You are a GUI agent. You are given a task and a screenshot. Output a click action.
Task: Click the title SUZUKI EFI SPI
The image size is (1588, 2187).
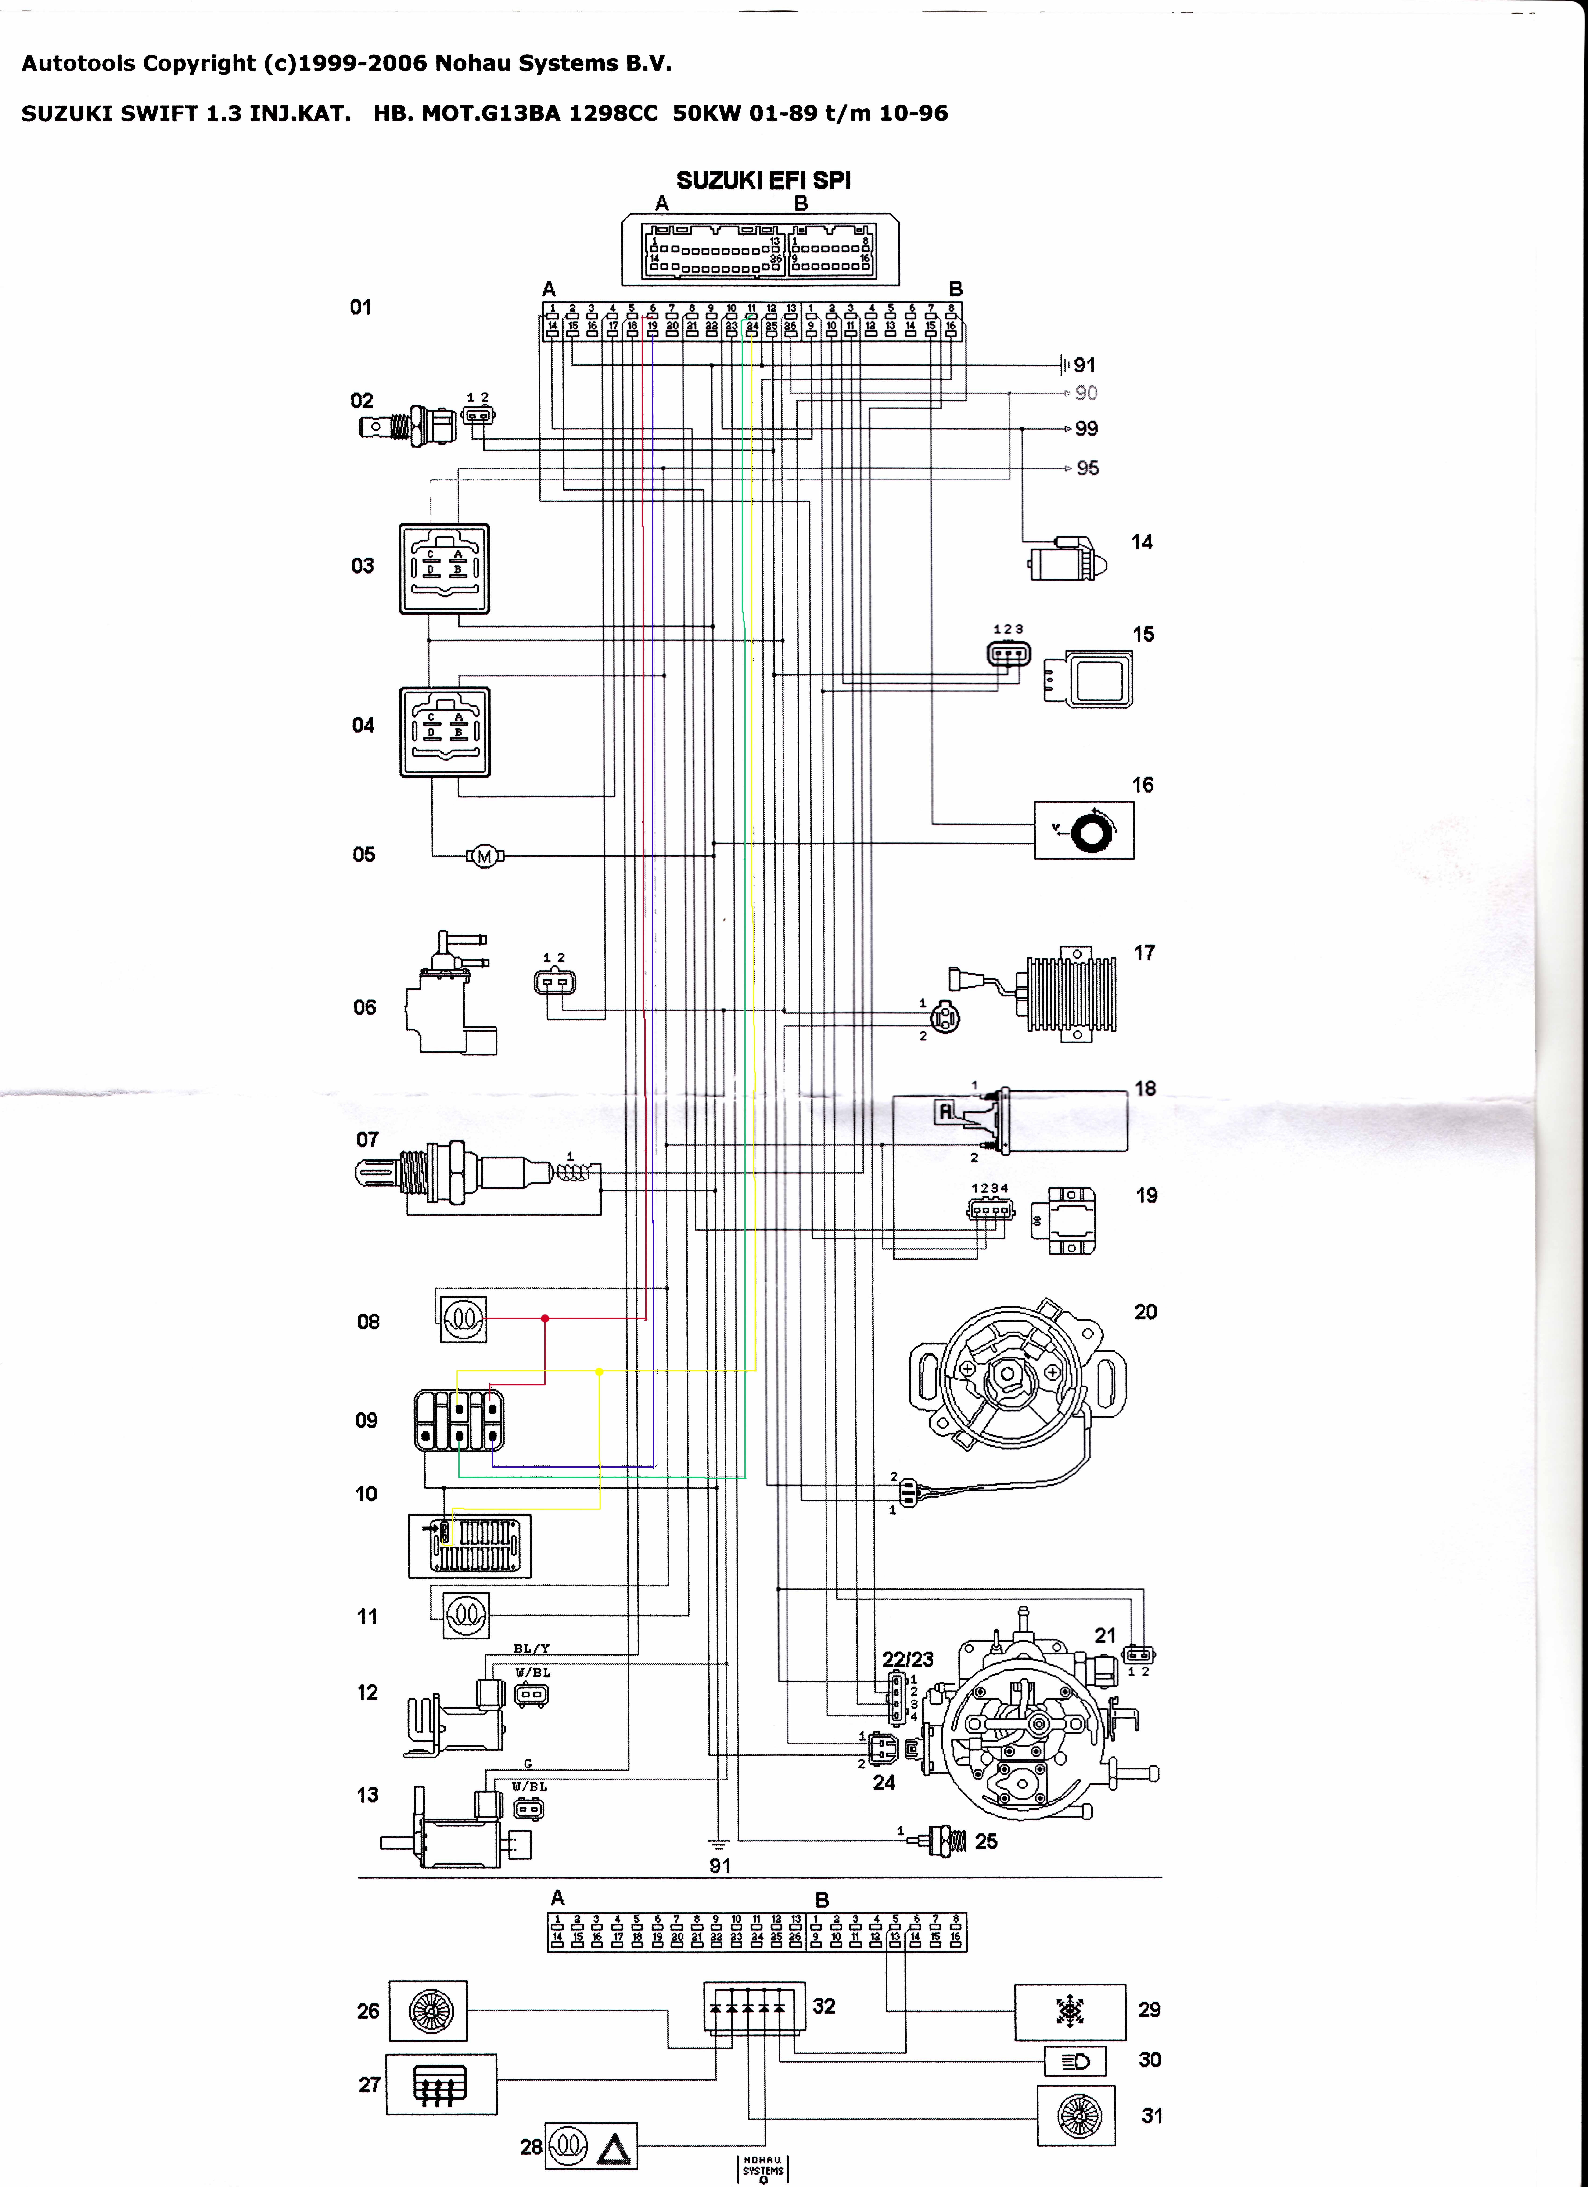pyautogui.click(x=763, y=180)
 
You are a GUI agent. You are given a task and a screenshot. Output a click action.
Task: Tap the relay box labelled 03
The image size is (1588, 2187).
pyautogui.click(x=445, y=569)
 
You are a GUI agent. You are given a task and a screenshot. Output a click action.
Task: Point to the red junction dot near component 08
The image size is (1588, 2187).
pyautogui.click(x=545, y=1318)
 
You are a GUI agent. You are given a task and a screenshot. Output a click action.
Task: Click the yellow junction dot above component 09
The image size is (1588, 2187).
pyautogui.click(x=600, y=1371)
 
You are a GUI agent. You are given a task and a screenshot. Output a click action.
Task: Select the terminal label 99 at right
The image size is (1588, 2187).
pyautogui.click(x=1087, y=428)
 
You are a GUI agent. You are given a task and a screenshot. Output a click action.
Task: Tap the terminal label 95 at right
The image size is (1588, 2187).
pyautogui.click(x=1088, y=468)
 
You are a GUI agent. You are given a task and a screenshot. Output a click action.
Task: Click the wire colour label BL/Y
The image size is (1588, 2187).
pyautogui.click(x=531, y=1649)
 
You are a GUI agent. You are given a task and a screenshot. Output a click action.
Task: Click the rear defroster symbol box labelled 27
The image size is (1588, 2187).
pyautogui.click(x=441, y=2085)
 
